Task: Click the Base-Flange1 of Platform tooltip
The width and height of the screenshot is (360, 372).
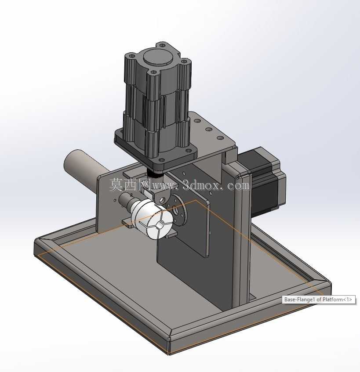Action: click(x=318, y=300)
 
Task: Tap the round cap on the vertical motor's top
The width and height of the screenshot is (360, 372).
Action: click(x=157, y=57)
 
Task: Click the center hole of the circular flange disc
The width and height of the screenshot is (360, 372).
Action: click(x=176, y=210)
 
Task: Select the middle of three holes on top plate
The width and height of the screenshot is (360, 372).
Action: click(x=208, y=129)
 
